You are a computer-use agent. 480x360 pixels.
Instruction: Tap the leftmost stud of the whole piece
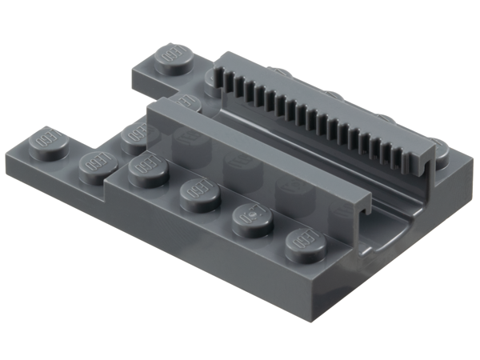[x=50, y=145]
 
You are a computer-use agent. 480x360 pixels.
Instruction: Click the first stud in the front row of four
[x=148, y=170]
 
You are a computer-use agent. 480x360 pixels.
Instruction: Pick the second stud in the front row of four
[x=199, y=194]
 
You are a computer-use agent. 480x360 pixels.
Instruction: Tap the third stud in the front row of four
[x=252, y=219]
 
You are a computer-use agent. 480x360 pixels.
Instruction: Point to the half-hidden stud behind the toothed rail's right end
[x=438, y=147]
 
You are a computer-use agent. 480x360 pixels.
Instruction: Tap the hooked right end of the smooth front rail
[x=360, y=214]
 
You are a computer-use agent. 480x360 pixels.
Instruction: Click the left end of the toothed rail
[x=216, y=76]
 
